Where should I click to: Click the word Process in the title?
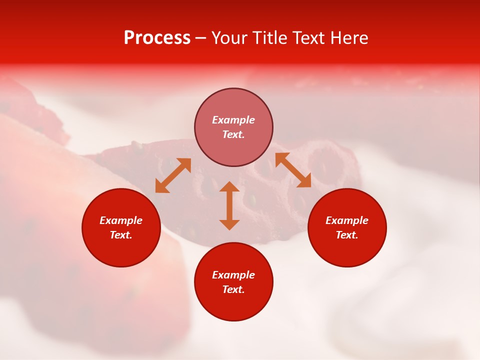157,38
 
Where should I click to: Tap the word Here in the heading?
349,38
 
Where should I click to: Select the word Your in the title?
230,38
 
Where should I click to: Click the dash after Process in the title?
200,38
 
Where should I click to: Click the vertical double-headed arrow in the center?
229,205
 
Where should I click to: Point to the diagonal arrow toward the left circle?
173,175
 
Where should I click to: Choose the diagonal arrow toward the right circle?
293,170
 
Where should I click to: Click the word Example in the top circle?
233,120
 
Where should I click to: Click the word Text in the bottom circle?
233,289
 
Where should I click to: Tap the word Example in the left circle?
121,220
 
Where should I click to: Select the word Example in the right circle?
347,220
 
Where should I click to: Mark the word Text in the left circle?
121,235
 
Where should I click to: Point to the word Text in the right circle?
346,235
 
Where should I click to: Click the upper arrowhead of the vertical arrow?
229,187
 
